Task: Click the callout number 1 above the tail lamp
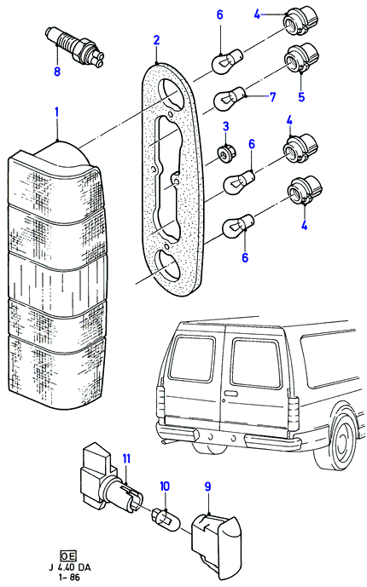pos(56,112)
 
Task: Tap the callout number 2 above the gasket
pos(156,40)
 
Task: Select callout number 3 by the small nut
pos(225,126)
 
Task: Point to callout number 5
pos(302,96)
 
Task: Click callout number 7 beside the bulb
pos(272,97)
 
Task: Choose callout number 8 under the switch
pos(57,71)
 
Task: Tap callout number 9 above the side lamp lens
pos(207,486)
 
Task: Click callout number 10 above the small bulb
pos(165,486)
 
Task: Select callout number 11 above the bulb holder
pos(126,458)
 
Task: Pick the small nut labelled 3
pos(225,154)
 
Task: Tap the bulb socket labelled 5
pos(302,57)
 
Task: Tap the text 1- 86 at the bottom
pos(69,578)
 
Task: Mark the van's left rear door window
pos(191,359)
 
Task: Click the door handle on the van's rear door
pos(230,394)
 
